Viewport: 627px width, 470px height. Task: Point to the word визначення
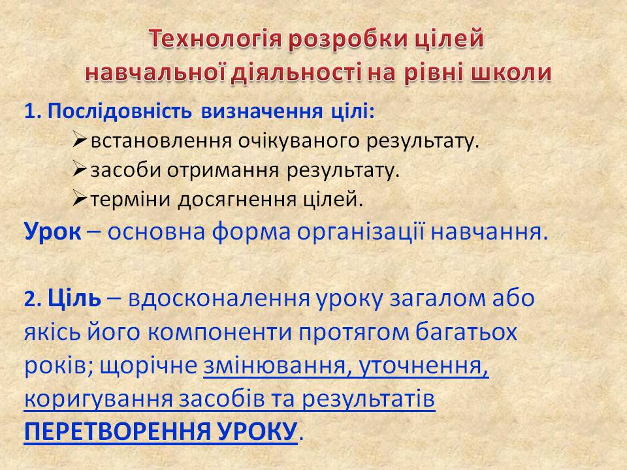[262, 112]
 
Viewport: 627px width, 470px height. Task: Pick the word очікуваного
[299, 141]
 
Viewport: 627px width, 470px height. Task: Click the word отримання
[223, 170]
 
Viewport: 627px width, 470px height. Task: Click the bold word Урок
[52, 231]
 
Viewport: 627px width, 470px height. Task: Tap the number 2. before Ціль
[33, 299]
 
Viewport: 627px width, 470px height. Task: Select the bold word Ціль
[74, 298]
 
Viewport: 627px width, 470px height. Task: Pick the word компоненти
[220, 332]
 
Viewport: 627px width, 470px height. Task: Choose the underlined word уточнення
[423, 366]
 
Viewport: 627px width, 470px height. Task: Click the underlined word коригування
[99, 399]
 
